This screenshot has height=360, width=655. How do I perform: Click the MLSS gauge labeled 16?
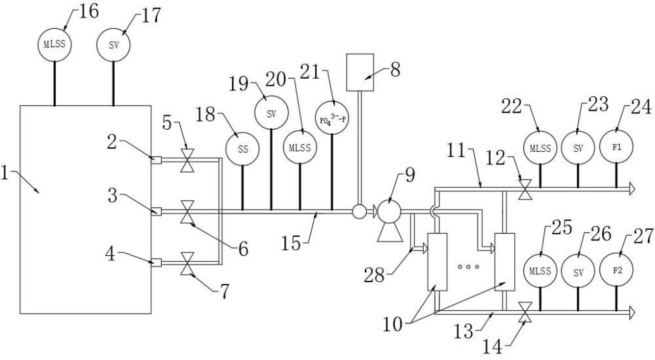click(55, 45)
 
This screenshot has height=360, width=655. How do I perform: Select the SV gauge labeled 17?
click(113, 45)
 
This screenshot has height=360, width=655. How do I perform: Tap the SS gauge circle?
click(242, 149)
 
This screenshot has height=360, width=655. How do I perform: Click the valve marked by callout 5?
click(186, 160)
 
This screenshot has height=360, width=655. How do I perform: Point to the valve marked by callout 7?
click(186, 264)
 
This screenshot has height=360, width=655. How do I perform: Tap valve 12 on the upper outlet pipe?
click(525, 189)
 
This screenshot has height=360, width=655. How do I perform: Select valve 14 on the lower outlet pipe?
click(525, 312)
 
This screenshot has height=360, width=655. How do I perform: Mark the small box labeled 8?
click(360, 72)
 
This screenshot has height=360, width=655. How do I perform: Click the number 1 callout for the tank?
click(5, 173)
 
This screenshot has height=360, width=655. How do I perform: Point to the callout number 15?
click(291, 243)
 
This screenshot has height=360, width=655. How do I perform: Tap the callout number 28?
click(374, 275)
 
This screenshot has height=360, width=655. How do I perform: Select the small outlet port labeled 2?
click(157, 160)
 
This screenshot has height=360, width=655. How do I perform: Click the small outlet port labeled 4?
click(157, 262)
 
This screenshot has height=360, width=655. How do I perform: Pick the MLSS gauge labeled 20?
click(300, 147)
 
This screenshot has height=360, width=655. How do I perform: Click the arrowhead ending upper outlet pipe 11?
click(631, 189)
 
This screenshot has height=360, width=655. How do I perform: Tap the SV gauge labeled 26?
click(578, 272)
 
